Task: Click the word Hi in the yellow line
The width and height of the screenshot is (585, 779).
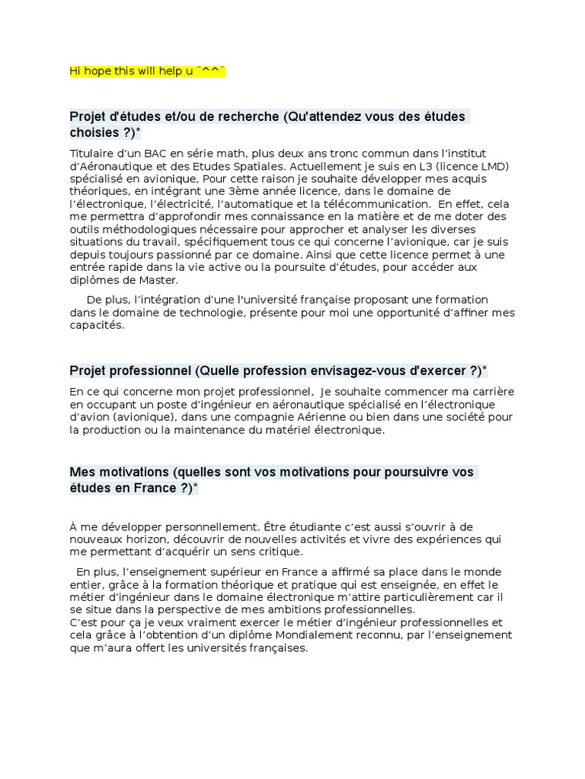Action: [x=75, y=71]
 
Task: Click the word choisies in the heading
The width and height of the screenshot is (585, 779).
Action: [x=94, y=132]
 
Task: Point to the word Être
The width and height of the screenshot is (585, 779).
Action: [x=279, y=526]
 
